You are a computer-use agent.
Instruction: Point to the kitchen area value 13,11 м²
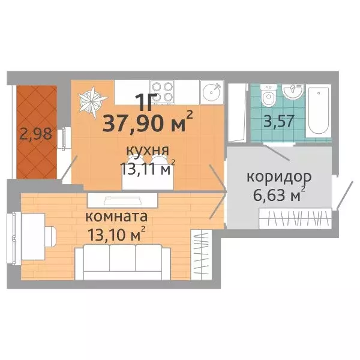(x=146, y=170)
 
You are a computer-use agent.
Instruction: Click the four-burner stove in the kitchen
(x=161, y=91)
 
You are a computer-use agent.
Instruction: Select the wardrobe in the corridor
(x=295, y=217)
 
